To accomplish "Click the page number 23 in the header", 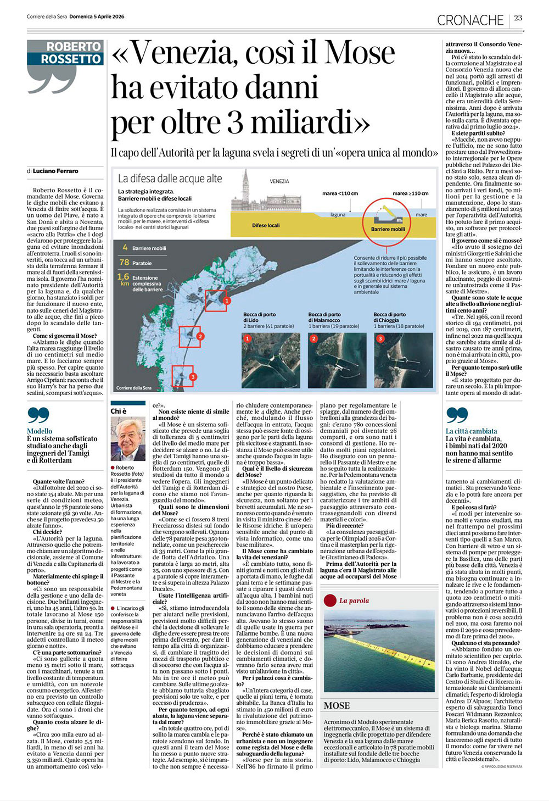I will [518, 18].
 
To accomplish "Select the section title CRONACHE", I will [470, 20].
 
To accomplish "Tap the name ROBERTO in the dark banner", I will [74, 47].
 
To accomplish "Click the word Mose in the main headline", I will [360, 53].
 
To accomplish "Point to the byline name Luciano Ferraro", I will [55, 171].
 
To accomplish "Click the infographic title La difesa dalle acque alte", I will [170, 179].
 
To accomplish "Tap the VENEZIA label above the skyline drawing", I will [279, 181].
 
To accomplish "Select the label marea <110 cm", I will [340, 193].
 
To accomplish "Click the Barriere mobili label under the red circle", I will [388, 229].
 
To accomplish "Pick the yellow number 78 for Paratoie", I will [124, 263].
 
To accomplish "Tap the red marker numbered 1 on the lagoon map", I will [227, 301].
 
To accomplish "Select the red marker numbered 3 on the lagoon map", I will [193, 376].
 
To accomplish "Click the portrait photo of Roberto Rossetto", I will [128, 438].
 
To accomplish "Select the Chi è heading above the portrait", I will [119, 411].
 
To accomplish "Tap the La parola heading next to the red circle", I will [354, 600].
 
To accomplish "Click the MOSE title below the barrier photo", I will [337, 705].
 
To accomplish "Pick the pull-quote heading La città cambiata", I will [471, 431].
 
